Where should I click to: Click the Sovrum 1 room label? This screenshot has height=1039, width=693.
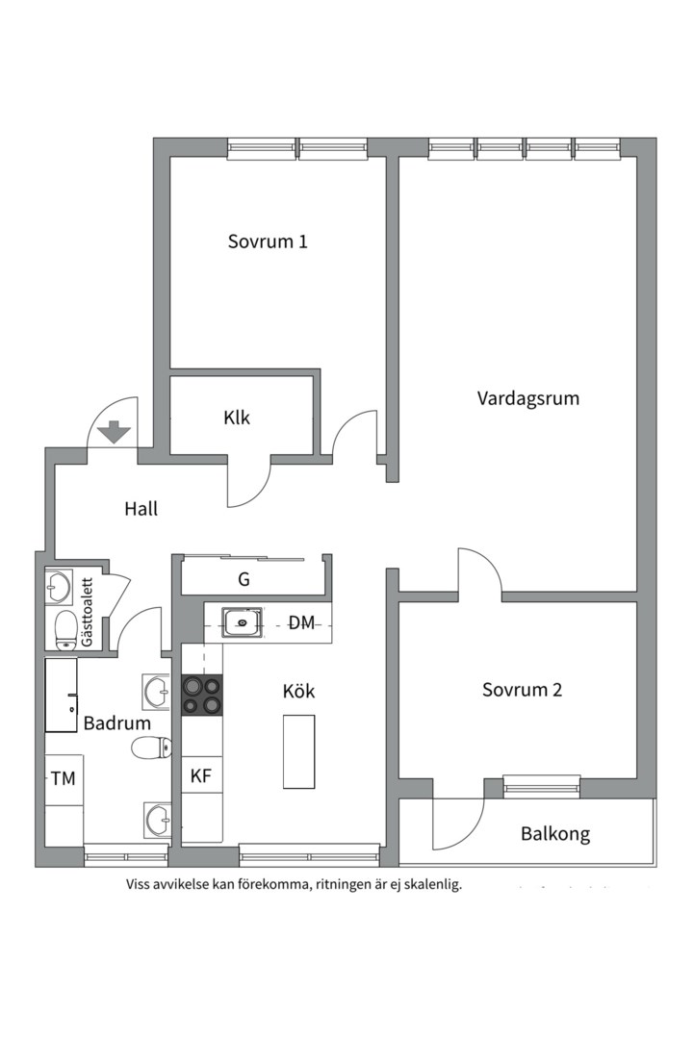(x=268, y=241)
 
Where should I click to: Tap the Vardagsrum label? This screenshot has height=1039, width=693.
(x=528, y=397)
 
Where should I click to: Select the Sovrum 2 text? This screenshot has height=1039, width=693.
(x=523, y=690)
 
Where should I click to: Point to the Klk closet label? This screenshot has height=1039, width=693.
(x=237, y=418)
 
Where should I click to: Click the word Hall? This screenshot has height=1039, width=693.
(x=141, y=509)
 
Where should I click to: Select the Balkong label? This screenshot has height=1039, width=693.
(x=555, y=833)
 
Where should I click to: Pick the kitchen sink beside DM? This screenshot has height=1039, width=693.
(x=241, y=622)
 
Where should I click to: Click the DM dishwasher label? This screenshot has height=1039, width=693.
(x=302, y=623)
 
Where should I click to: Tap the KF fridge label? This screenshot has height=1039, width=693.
(x=200, y=776)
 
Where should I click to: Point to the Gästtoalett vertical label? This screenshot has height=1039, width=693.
(x=88, y=613)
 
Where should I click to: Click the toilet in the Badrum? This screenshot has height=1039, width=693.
(x=152, y=747)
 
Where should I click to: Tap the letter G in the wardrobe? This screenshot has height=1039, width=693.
(x=244, y=579)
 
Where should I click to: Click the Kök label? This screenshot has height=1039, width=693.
(x=298, y=691)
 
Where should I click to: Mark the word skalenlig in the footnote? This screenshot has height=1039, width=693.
(x=430, y=884)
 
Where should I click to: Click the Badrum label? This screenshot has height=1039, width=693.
(x=116, y=723)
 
